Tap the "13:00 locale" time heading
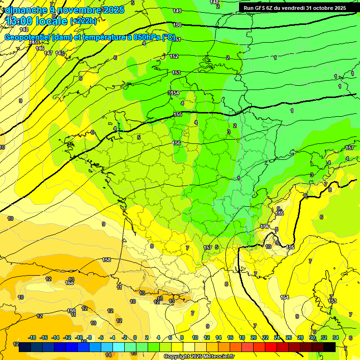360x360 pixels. point(37,21)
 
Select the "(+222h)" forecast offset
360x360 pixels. point(83,21)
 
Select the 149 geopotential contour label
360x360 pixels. point(177,11)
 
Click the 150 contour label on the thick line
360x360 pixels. point(177,25)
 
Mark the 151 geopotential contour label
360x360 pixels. point(177,39)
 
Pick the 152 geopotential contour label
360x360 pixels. point(174,56)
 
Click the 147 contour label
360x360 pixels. point(48,53)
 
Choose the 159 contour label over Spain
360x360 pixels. point(71,311)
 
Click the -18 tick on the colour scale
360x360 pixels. point(32,337)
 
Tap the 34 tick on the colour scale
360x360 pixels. point(336,337)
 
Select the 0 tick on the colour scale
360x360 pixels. point(135,337)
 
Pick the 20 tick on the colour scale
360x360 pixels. point(254,337)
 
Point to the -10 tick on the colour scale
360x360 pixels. point(78,337)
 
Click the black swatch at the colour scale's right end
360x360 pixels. point(330,347)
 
